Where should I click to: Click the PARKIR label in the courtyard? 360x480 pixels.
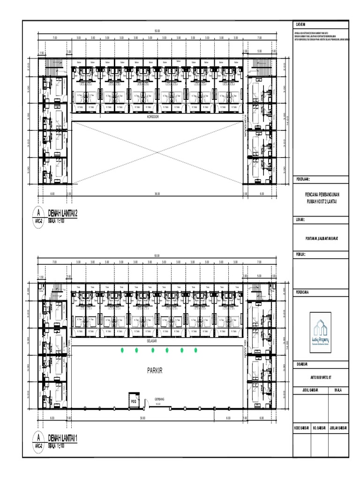tap(157, 370)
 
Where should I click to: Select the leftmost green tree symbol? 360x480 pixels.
tap(122, 350)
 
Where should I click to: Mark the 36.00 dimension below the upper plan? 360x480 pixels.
tap(157, 193)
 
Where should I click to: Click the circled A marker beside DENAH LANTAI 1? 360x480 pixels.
tap(38, 437)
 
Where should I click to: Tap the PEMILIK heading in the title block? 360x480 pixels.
tap(301, 254)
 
